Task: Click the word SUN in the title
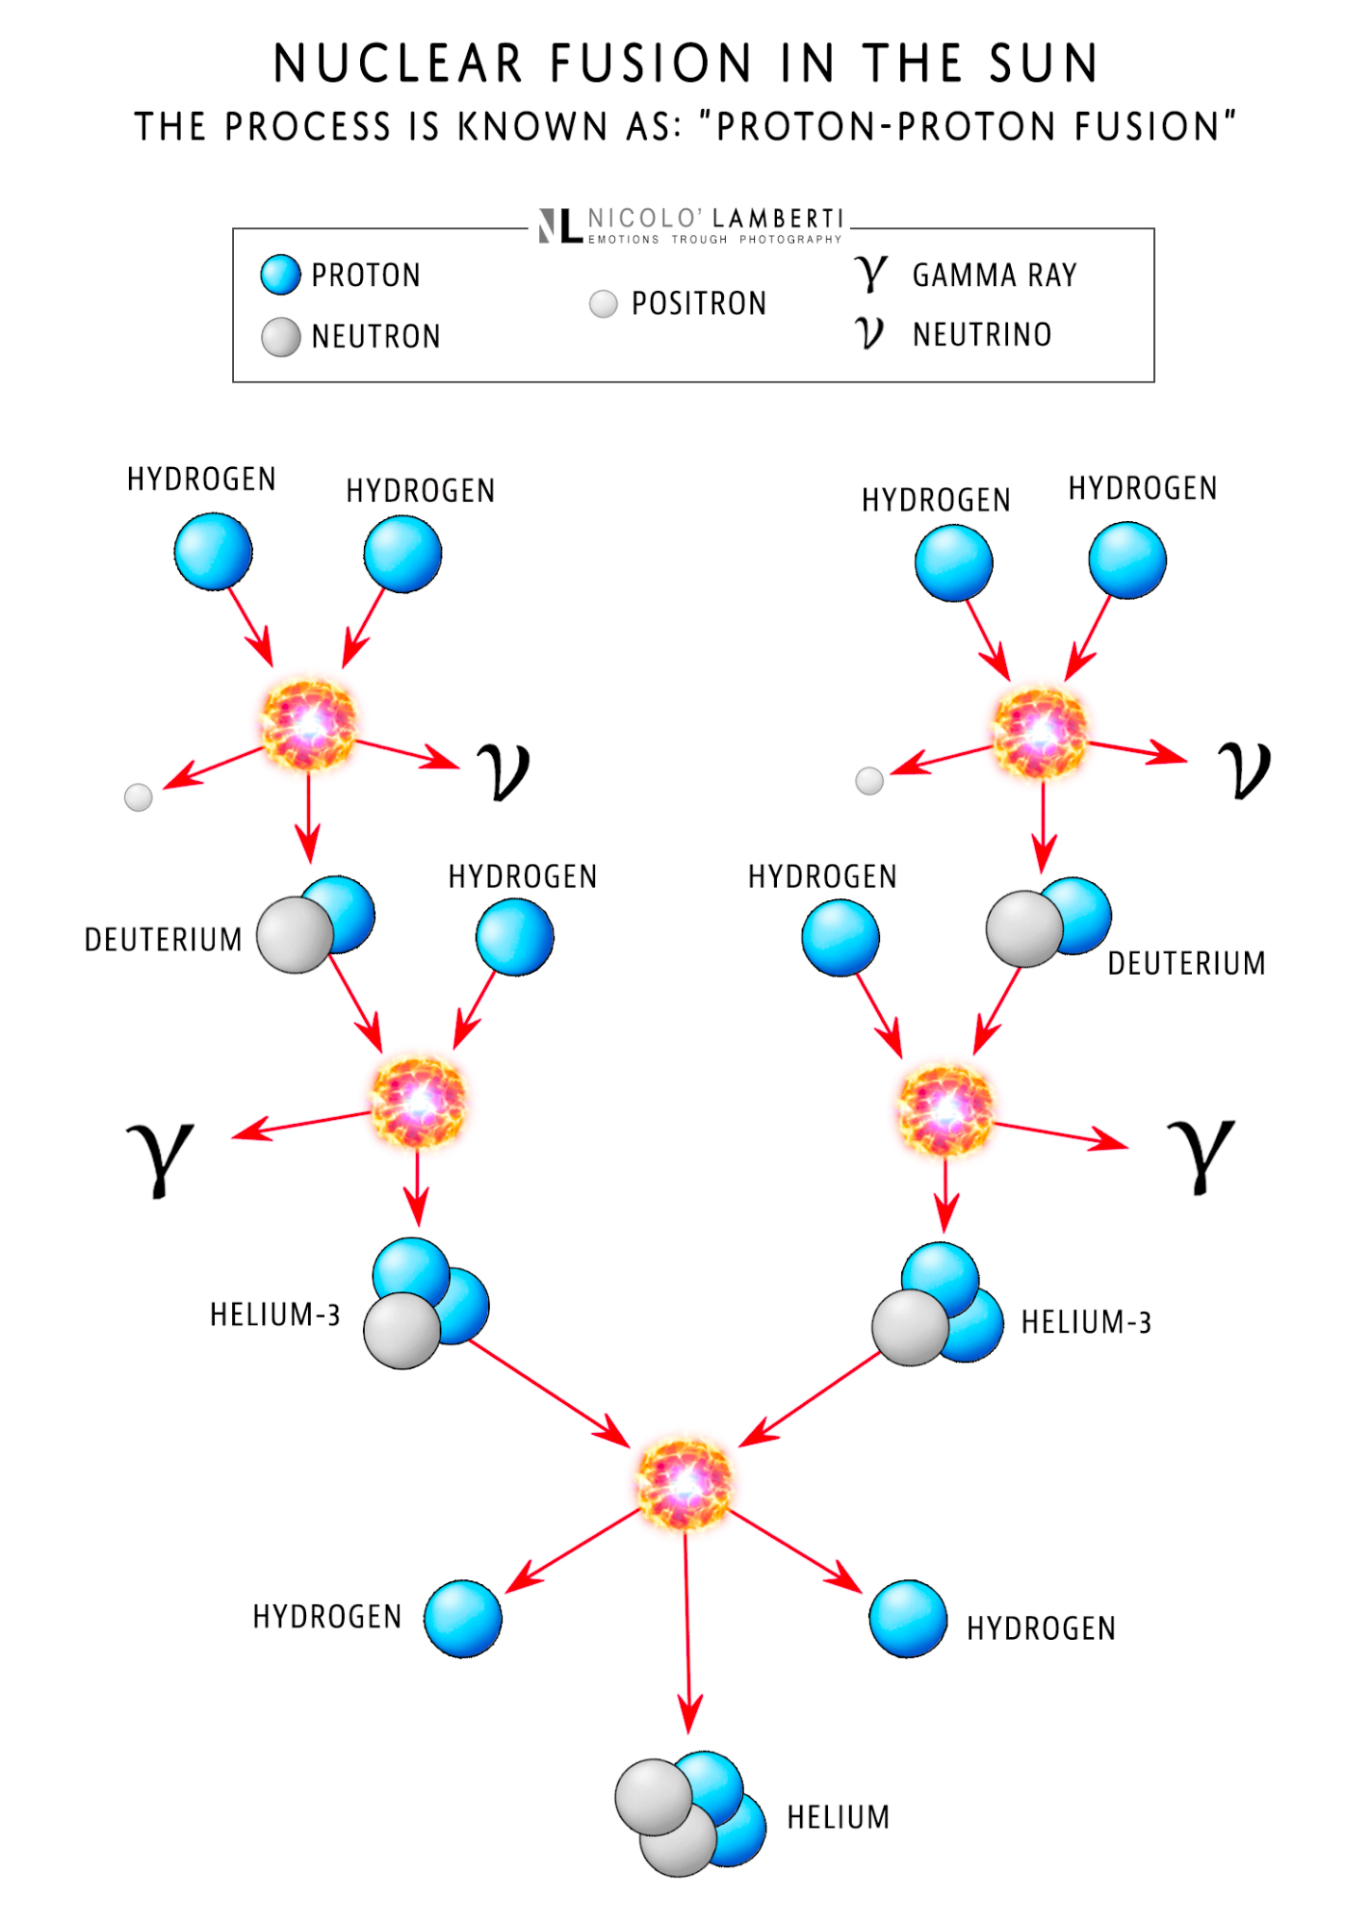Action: [x=1044, y=64]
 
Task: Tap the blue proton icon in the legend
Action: [x=280, y=274]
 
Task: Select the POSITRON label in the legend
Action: [x=698, y=303]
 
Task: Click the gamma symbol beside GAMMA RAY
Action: [x=870, y=273]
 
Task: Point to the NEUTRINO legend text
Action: [x=981, y=334]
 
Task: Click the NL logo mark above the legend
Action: [x=559, y=225]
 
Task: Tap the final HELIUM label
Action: [x=838, y=1817]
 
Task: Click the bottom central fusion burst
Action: [x=685, y=1482]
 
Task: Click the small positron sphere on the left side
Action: [x=139, y=797]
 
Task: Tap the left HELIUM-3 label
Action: [x=275, y=1314]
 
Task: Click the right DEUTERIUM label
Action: [x=1186, y=963]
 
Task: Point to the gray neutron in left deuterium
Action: [x=295, y=935]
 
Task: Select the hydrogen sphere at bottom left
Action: [x=463, y=1619]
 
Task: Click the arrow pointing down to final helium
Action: [x=687, y=1637]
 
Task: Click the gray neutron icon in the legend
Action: [x=281, y=337]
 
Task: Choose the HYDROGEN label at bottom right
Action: [x=1041, y=1628]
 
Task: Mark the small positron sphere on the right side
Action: [x=869, y=781]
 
